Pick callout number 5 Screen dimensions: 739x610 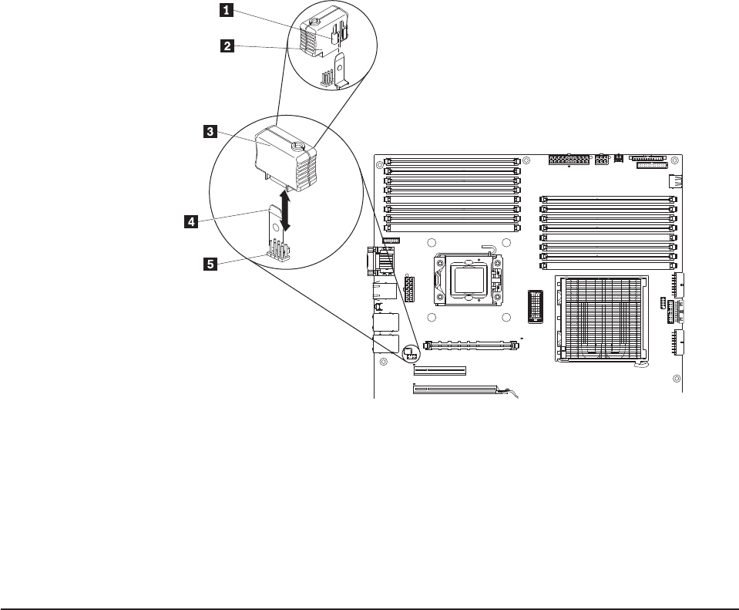click(208, 264)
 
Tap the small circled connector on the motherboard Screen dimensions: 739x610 click(409, 354)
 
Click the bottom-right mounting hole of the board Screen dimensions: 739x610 click(676, 378)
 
